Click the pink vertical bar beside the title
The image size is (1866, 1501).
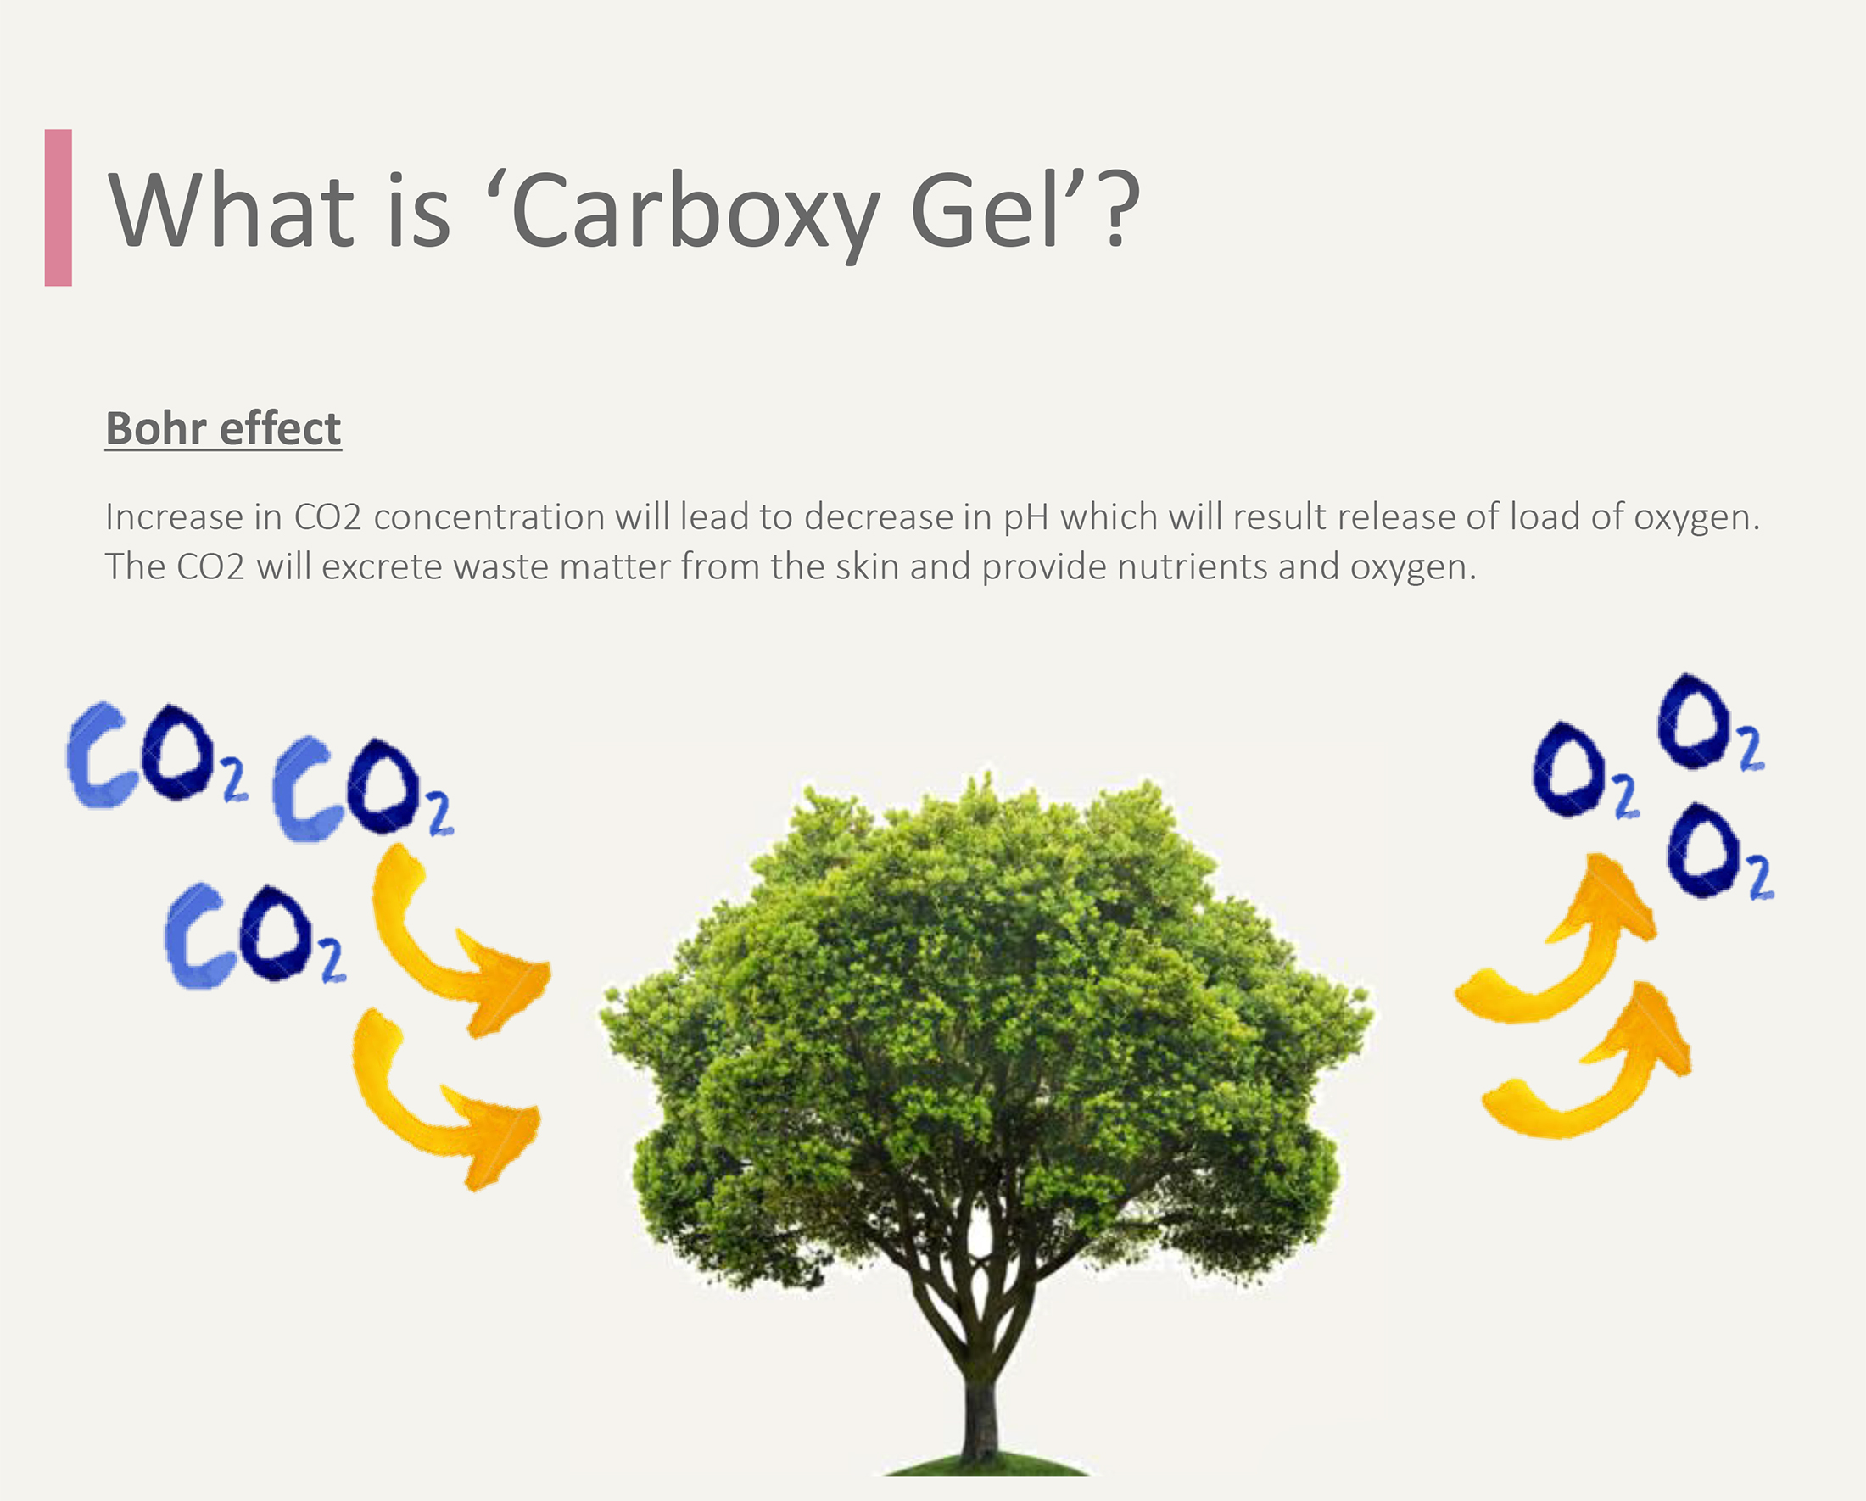tap(58, 208)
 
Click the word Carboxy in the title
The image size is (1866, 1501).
tap(695, 213)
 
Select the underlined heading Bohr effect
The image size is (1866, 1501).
tap(223, 428)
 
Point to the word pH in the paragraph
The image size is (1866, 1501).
tap(1025, 518)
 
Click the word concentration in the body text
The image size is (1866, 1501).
tap(489, 516)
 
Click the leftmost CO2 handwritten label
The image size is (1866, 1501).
tap(156, 755)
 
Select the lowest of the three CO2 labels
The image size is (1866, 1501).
tap(255, 936)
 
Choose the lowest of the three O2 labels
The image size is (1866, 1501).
tap(1719, 853)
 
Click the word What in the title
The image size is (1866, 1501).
tap(230, 209)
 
